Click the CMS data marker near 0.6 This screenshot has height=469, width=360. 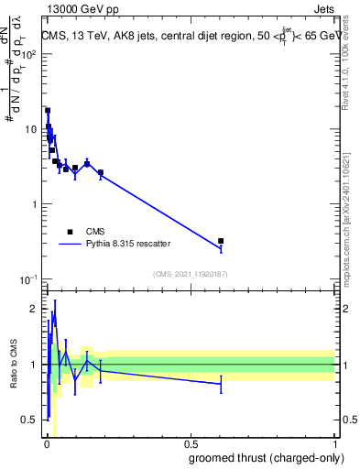pyautogui.click(x=221, y=241)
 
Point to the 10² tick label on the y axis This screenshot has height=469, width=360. pyautogui.click(x=29, y=54)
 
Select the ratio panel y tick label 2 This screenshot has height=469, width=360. pyautogui.click(x=35, y=309)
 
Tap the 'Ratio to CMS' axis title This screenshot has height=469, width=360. pyautogui.click(x=12, y=365)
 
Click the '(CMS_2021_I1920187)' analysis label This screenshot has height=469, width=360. pyautogui.click(x=190, y=274)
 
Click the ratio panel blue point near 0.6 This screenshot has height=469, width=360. pyautogui.click(x=221, y=384)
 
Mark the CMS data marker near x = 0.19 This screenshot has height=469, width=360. pyautogui.click(x=101, y=172)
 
